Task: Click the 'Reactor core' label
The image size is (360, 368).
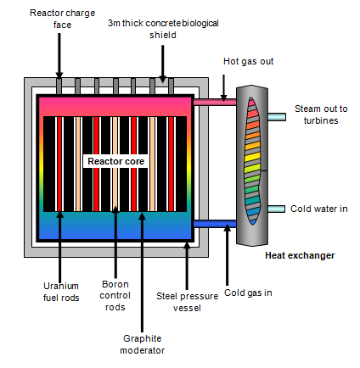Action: click(x=115, y=161)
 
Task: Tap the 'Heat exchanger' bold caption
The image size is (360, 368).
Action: click(x=300, y=255)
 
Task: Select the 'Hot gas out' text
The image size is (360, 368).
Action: click(x=248, y=61)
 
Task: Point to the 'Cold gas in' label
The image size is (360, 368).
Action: click(x=248, y=293)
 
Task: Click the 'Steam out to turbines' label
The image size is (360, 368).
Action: click(x=321, y=114)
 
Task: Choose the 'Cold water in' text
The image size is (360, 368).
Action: click(x=319, y=209)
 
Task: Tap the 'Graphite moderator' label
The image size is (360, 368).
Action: click(x=142, y=344)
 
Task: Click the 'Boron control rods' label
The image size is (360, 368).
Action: click(x=115, y=295)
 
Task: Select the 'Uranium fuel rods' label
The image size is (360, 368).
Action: click(x=61, y=292)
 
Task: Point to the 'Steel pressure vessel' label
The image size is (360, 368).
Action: click(x=187, y=302)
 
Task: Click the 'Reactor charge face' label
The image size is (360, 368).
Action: click(x=62, y=19)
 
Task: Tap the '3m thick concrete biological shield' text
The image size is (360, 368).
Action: click(x=163, y=29)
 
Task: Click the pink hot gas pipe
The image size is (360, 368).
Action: click(x=215, y=102)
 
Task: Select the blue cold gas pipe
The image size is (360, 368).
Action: click(x=215, y=224)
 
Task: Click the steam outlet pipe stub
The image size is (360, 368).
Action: click(x=277, y=117)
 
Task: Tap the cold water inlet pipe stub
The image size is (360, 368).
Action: click(x=276, y=209)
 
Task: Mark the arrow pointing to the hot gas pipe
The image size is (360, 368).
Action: click(x=223, y=88)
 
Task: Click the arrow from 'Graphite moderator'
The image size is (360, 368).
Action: click(x=142, y=272)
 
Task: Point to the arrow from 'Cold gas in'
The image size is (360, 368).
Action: click(x=227, y=254)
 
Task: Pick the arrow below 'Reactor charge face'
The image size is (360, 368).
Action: click(x=59, y=56)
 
